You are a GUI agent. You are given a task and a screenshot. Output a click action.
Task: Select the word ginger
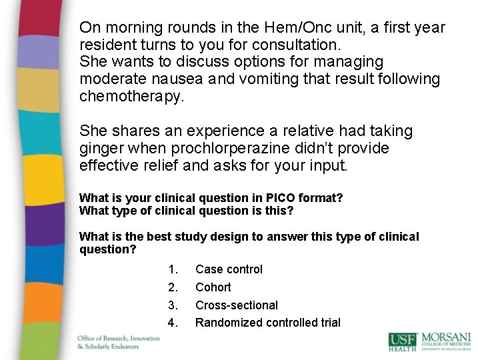point(101,148)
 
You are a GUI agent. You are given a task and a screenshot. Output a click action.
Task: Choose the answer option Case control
point(229,269)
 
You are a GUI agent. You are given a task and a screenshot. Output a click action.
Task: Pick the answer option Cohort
point(213,287)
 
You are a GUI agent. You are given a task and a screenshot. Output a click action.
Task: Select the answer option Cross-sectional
point(236,305)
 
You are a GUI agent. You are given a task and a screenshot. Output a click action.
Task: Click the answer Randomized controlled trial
point(267,323)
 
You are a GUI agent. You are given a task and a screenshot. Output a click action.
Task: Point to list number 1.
point(173,269)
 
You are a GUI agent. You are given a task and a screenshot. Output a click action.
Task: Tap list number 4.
point(173,323)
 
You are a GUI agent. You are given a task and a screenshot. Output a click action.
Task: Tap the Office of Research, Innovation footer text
point(118,338)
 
